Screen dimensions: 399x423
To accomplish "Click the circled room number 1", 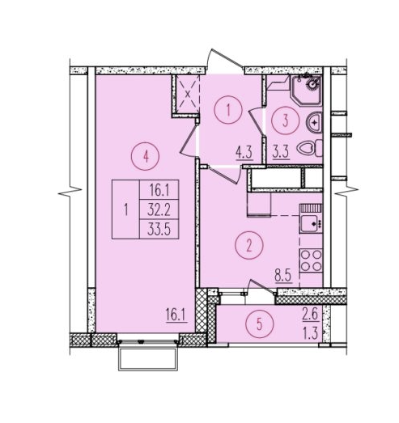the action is click(228, 110).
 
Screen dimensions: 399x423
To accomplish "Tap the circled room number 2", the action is click(249, 246).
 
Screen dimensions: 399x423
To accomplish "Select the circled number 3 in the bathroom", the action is click(286, 121).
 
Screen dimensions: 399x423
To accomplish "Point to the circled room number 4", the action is click(146, 156).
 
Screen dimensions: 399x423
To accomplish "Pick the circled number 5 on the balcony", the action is click(260, 324).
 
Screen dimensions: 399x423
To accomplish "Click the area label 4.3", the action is click(244, 153).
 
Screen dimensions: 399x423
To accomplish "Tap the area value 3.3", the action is click(281, 153).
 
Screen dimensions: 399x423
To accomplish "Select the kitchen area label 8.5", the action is click(284, 277).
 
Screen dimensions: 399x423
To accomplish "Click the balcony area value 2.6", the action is click(311, 315).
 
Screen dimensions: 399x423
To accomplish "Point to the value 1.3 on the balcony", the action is click(311, 334).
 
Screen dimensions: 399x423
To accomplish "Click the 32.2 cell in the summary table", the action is click(159, 209).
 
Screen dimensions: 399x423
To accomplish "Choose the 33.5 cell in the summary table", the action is click(159, 230).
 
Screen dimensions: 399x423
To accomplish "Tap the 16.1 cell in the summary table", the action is click(159, 190).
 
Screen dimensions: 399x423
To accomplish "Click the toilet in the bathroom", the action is click(309, 148).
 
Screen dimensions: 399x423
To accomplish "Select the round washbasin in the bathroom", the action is click(314, 123).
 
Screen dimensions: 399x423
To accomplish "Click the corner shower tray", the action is click(306, 90).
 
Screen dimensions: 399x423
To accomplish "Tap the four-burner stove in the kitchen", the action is click(311, 260).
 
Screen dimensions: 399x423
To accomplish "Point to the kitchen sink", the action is click(311, 224).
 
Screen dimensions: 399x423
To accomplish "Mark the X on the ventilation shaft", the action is click(188, 95).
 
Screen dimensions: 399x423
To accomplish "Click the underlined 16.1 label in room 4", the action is click(176, 315).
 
